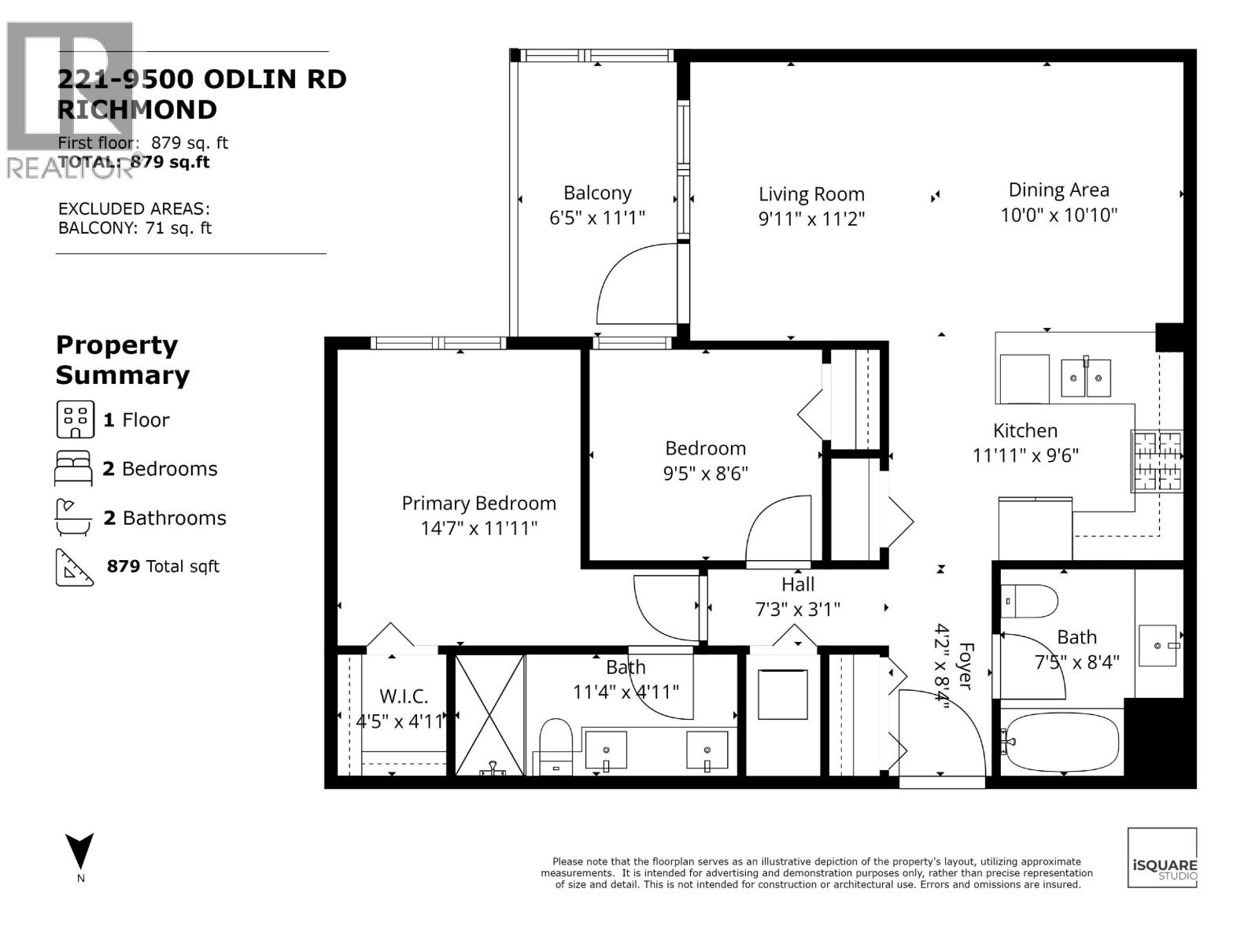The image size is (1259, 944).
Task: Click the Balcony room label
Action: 597,194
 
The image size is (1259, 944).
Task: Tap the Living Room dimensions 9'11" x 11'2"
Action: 811,219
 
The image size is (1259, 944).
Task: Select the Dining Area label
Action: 1058,190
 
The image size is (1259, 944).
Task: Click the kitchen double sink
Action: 1085,378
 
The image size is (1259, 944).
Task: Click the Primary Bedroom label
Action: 478,503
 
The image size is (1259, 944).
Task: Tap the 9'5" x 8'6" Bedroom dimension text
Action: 705,474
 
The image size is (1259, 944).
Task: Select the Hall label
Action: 798,584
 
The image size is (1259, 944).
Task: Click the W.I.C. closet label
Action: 404,696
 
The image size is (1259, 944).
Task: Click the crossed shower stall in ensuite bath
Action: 490,714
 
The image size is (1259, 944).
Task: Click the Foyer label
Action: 965,666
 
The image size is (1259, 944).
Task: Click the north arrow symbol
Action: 80,852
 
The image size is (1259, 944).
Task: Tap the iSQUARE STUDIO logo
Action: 1162,858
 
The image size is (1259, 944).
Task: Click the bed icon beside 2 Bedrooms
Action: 73,469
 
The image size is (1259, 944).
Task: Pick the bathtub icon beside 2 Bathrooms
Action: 74,518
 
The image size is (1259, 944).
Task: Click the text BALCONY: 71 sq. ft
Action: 135,228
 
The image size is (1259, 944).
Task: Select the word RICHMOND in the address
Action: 138,109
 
